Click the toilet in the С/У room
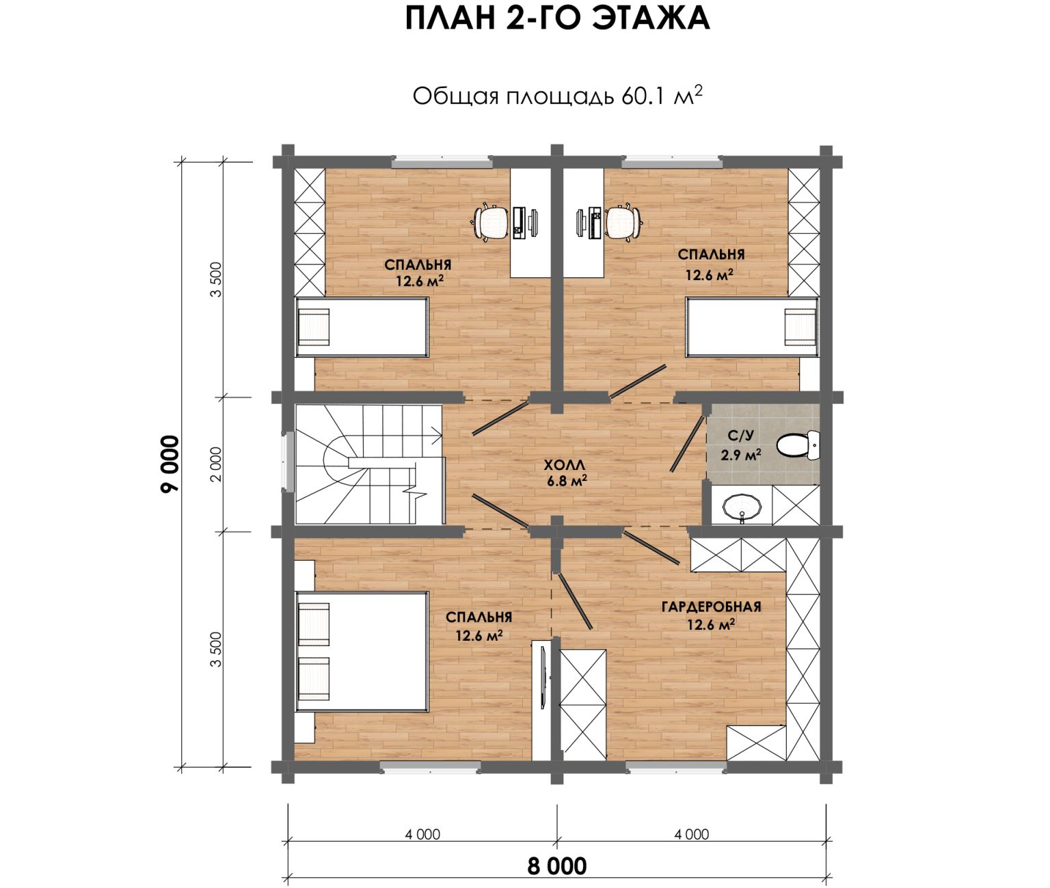point(798,445)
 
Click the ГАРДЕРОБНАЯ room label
point(711,607)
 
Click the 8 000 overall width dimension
point(556,866)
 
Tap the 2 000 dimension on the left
point(216,464)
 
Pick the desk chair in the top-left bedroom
point(491,223)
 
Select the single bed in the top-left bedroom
point(362,327)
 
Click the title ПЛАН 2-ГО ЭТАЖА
point(557,20)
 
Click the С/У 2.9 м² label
point(741,445)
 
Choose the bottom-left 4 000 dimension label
point(422,834)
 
